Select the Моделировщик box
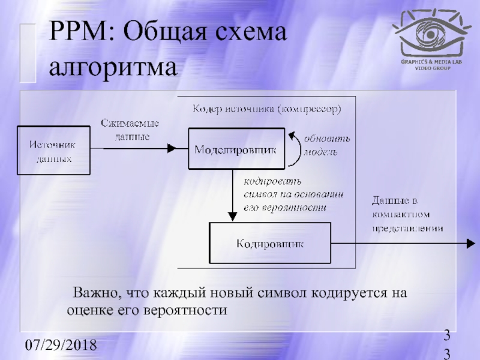235,149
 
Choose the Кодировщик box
269,244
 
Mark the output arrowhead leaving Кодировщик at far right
469,244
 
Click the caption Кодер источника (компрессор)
267,109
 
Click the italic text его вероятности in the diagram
285,208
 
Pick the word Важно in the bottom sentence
90,294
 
